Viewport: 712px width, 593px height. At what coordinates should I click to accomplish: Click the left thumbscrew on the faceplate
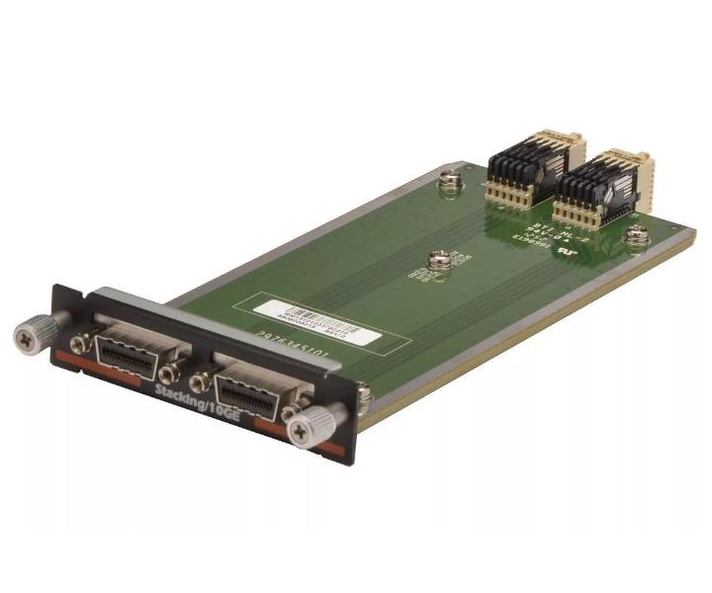coord(28,335)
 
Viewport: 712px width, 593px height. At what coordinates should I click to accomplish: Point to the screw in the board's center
coord(439,261)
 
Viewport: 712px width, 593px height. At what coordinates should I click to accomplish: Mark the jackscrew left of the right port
coord(200,381)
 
